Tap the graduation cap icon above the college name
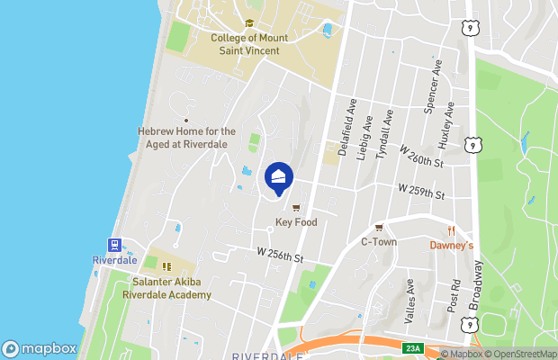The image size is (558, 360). click(x=249, y=25)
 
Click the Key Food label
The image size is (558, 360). click(x=296, y=222)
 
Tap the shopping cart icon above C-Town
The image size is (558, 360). click(x=379, y=228)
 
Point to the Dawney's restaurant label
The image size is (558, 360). click(x=451, y=244)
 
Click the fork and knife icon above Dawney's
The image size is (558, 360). click(x=451, y=230)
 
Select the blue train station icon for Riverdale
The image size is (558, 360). click(x=114, y=245)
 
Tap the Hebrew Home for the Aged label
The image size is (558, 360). click(x=186, y=137)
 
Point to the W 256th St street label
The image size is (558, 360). click(x=281, y=256)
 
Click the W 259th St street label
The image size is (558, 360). click(x=422, y=191)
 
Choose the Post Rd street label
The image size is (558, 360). click(x=454, y=296)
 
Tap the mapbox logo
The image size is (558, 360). click(x=40, y=348)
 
